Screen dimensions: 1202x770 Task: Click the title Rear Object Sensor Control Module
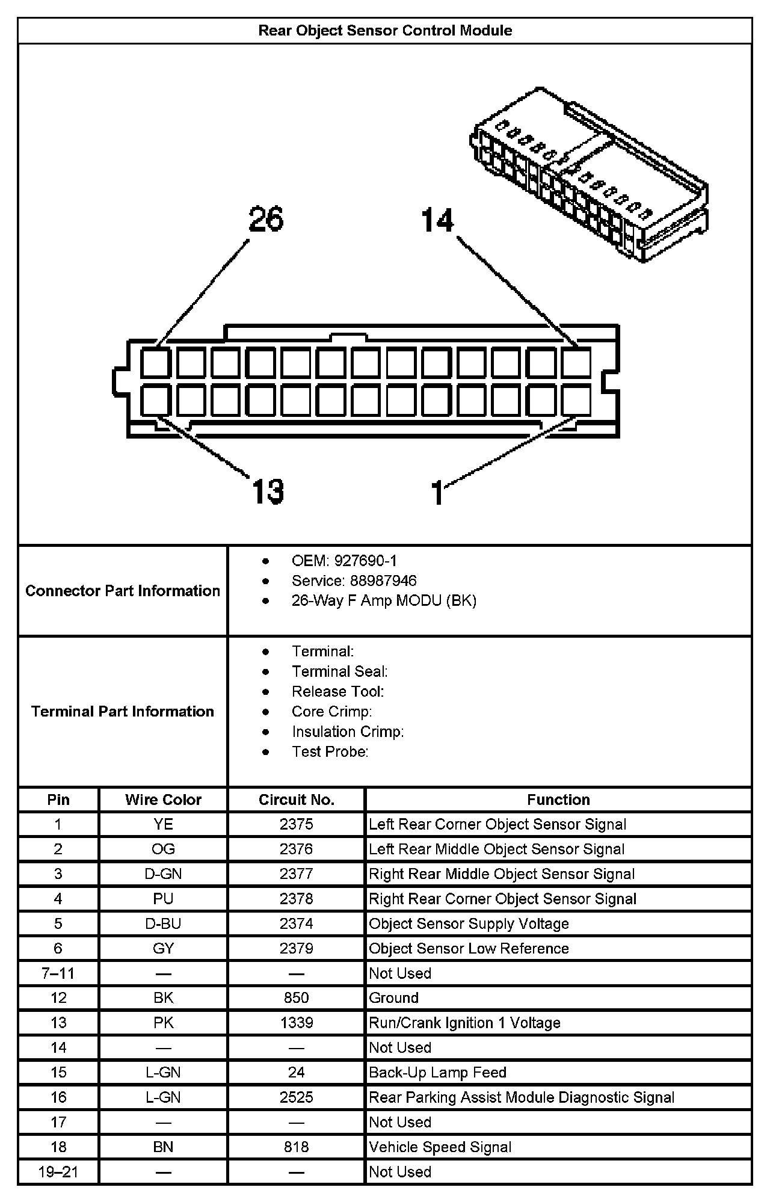click(x=385, y=31)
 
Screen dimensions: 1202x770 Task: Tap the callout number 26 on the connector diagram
click(x=266, y=219)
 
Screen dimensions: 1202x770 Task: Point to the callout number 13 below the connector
click(x=268, y=492)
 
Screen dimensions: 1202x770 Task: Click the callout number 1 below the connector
click(x=438, y=493)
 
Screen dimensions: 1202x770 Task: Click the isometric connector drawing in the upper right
click(x=588, y=174)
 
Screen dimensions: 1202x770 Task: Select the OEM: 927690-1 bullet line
click(x=344, y=561)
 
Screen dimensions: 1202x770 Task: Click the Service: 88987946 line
click(x=354, y=581)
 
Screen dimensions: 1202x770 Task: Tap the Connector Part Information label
click(x=123, y=591)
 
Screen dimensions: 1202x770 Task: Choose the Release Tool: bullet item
click(x=337, y=691)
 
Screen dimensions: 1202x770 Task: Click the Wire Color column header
click(x=163, y=800)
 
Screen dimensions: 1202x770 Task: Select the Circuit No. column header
click(x=296, y=800)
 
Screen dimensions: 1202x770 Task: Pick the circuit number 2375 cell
click(x=296, y=824)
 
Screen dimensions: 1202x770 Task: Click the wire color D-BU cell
click(x=163, y=923)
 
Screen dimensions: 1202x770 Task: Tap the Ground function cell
click(x=393, y=998)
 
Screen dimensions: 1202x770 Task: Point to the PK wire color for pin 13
click(x=163, y=1023)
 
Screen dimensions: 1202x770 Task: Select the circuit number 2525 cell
click(x=296, y=1097)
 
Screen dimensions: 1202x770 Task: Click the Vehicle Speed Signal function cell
click(x=440, y=1147)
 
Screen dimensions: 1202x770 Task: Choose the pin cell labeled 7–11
click(x=58, y=973)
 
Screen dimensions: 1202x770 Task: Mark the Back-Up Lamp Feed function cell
click(x=437, y=1073)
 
